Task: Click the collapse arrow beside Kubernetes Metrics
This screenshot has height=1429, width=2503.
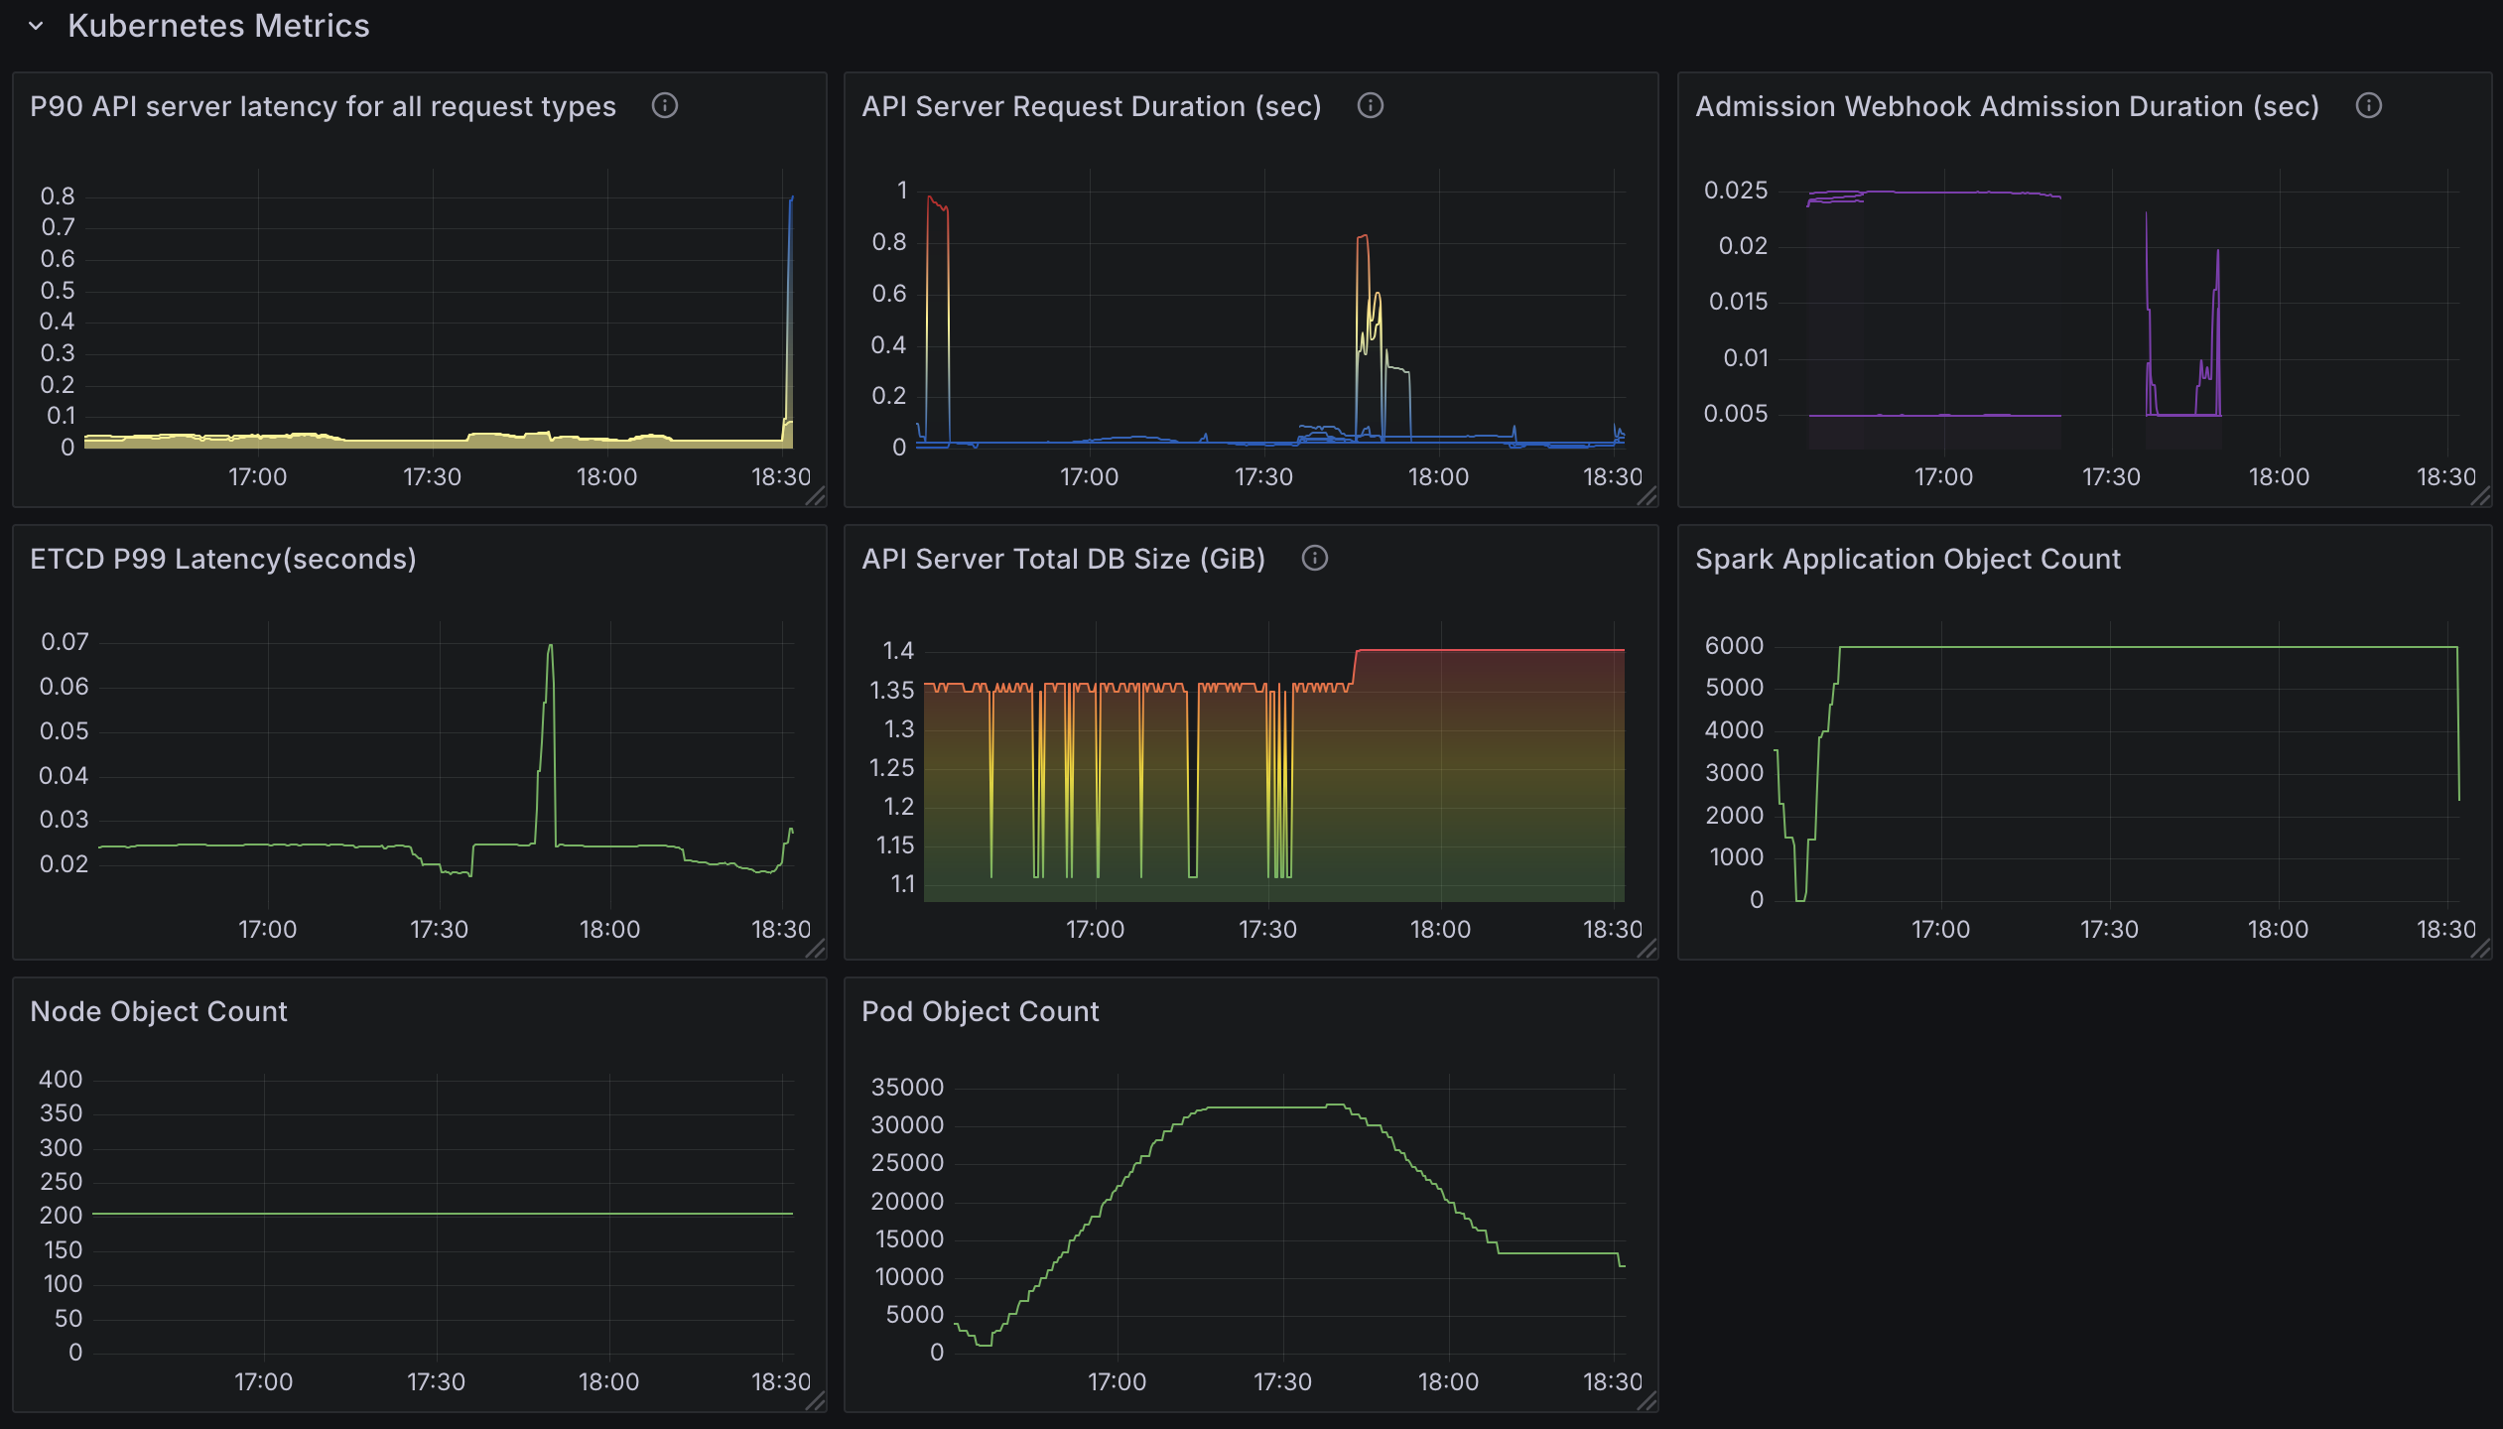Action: click(x=37, y=27)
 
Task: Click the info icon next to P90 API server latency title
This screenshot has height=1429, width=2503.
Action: click(x=664, y=105)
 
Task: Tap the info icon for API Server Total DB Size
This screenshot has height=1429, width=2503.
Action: click(x=1314, y=558)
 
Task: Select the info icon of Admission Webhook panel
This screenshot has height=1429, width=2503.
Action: click(x=2368, y=105)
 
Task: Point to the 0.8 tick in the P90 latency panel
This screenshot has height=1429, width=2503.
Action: click(x=58, y=196)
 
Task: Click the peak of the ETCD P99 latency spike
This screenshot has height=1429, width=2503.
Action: click(x=551, y=647)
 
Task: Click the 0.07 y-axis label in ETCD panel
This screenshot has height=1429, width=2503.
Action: click(x=65, y=642)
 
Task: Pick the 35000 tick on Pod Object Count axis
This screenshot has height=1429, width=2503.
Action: click(x=907, y=1087)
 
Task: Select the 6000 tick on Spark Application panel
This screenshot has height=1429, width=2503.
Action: click(x=1734, y=645)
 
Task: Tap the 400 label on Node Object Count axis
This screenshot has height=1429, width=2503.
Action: click(x=61, y=1079)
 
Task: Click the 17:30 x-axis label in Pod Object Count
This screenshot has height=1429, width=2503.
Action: click(x=1281, y=1381)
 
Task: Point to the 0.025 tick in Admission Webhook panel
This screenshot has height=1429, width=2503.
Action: click(x=1735, y=190)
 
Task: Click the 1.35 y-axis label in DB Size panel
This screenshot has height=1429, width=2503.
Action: click(x=891, y=690)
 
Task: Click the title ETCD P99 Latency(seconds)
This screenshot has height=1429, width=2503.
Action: click(x=223, y=559)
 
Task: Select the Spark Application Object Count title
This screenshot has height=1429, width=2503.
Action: click(x=1908, y=559)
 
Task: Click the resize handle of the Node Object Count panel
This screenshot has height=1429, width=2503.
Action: click(x=815, y=1401)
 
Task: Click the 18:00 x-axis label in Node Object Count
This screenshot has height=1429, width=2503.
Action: click(x=608, y=1381)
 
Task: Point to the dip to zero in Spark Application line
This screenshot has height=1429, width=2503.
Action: click(x=1800, y=898)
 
